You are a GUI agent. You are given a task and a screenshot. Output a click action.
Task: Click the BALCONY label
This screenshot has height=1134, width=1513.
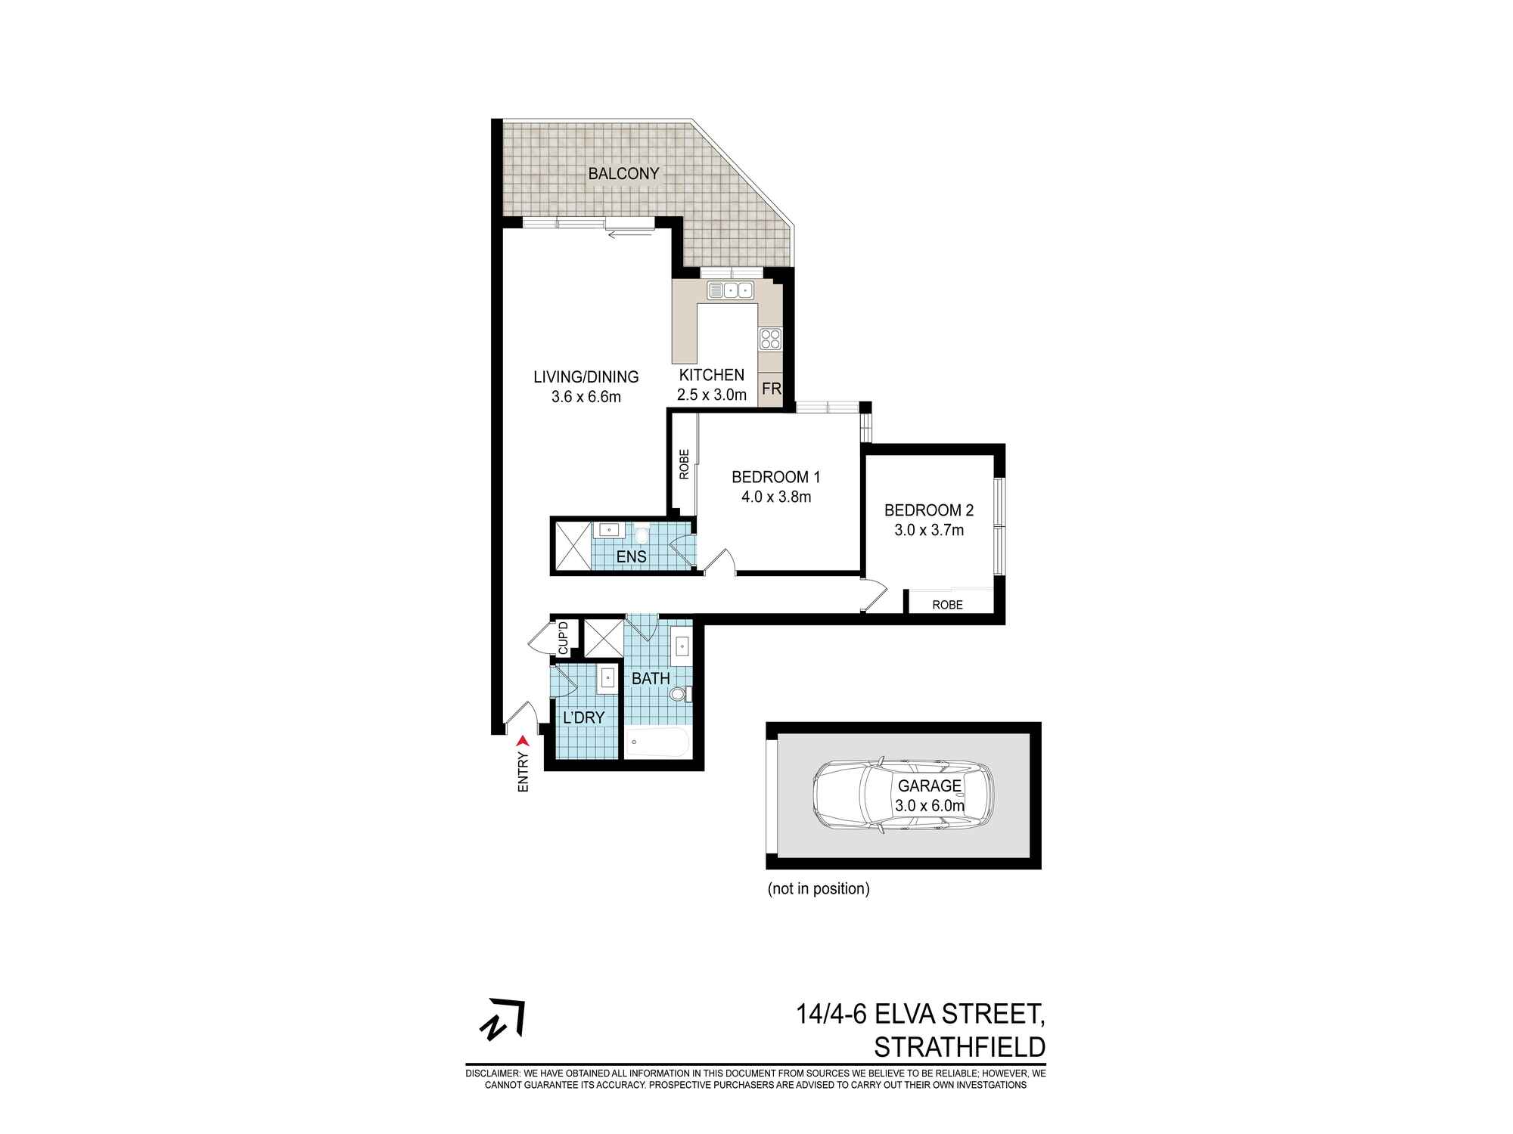[x=623, y=173]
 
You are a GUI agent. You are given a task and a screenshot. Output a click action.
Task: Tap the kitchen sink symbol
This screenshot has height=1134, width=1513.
[x=731, y=290]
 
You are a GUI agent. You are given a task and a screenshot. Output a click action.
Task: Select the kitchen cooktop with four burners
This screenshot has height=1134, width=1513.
[x=770, y=339]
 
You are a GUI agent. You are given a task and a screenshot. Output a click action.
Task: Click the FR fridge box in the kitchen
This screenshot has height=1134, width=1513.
[x=771, y=389]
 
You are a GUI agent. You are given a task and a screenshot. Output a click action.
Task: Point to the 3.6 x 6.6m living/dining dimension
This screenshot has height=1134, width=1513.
[x=586, y=397]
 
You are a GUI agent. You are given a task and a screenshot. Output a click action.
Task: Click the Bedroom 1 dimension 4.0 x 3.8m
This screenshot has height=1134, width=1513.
[x=775, y=497]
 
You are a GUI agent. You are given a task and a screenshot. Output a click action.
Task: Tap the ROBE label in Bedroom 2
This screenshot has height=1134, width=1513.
[x=947, y=605]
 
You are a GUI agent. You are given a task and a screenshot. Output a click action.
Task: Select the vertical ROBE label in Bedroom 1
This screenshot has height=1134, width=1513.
[x=684, y=464]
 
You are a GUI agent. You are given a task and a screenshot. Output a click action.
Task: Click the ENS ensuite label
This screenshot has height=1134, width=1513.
[x=631, y=557]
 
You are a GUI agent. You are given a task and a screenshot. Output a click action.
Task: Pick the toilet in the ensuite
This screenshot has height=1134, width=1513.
[x=642, y=535]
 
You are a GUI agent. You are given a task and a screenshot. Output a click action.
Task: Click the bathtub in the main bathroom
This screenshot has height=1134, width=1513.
[x=657, y=743]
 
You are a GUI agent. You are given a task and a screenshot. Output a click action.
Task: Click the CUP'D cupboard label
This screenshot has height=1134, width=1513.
[x=563, y=637]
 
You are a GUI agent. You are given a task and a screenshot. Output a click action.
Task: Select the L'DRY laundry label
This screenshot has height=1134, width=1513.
[x=583, y=717]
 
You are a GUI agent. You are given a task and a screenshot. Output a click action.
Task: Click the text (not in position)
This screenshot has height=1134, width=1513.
[x=818, y=889]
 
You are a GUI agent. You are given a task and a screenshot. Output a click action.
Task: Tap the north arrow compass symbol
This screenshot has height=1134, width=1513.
[x=503, y=1021]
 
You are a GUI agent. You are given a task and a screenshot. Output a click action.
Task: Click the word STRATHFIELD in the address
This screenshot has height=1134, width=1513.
[x=959, y=1048]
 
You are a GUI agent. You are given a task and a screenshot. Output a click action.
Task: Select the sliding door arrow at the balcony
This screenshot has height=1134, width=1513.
[x=622, y=234]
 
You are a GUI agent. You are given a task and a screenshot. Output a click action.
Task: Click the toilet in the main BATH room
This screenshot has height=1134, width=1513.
[x=679, y=693]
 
